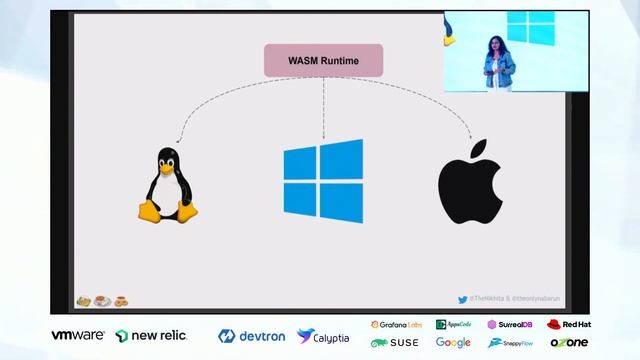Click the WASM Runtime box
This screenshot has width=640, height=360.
tap(323, 60)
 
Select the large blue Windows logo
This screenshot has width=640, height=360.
tap(323, 180)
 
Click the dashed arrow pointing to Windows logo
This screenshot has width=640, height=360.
tap(323, 110)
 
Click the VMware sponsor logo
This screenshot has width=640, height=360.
tap(78, 335)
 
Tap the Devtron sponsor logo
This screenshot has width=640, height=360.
tap(252, 336)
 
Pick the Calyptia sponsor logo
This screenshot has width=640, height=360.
tap(323, 336)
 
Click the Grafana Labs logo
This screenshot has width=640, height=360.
tap(397, 325)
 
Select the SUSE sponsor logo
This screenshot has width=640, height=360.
tap(395, 343)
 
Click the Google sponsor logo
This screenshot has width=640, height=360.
tap(453, 343)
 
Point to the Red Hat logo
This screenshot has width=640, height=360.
tap(569, 325)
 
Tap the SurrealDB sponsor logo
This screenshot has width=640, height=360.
tap(511, 325)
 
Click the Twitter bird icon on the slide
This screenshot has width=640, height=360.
tap(462, 299)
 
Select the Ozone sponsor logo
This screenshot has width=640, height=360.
tap(569, 343)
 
